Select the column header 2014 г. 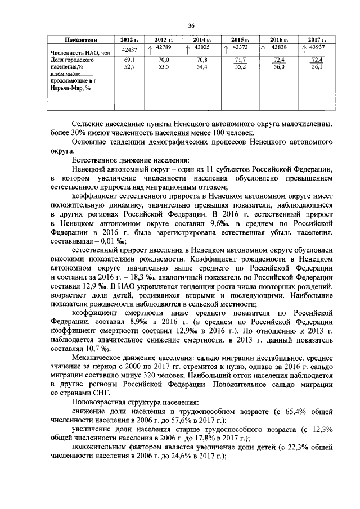click(x=201, y=40)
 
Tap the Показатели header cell click(x=82, y=40)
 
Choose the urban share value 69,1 click(x=129, y=60)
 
